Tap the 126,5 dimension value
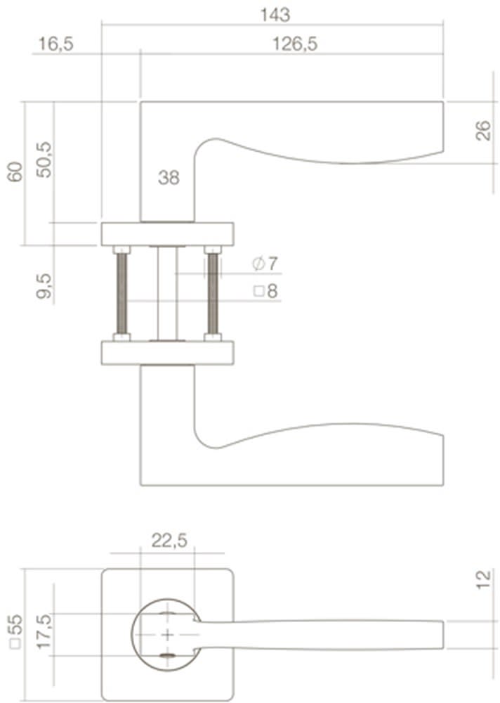(x=295, y=44)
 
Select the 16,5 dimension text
(x=56, y=44)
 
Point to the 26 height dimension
(x=483, y=131)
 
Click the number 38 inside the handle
(x=169, y=178)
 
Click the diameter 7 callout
(x=265, y=264)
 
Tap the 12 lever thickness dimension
(x=483, y=581)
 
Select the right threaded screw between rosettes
(x=211, y=292)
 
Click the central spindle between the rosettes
(x=167, y=292)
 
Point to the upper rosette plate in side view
(x=167, y=233)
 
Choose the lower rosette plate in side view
(x=167, y=352)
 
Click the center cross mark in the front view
(x=168, y=636)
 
